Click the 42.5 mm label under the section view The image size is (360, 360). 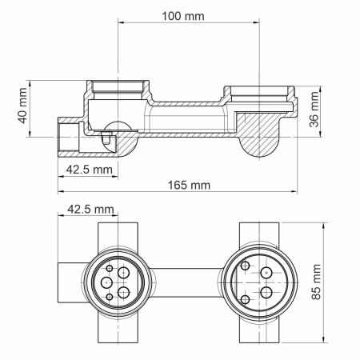(88, 170)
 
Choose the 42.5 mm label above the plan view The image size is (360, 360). (88, 209)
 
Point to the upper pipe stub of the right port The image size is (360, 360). (260, 234)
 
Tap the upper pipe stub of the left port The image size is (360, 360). (117, 234)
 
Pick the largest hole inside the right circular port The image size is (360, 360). (266, 292)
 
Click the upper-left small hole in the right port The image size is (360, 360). (246, 264)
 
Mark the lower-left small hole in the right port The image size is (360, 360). (246, 298)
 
